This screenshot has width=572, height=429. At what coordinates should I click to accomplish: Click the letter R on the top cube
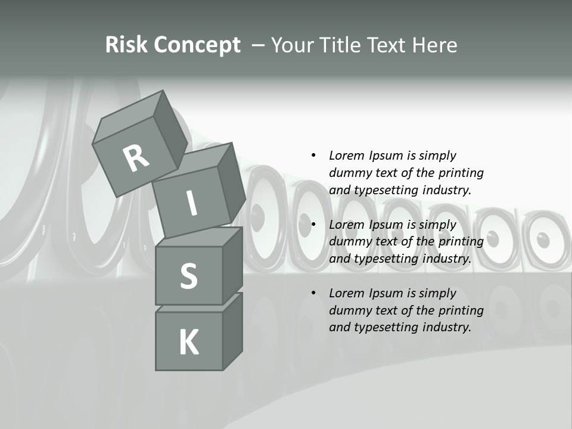click(x=136, y=158)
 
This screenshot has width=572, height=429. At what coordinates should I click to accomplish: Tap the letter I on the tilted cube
click(x=191, y=203)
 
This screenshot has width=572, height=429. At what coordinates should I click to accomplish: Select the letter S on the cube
click(x=188, y=276)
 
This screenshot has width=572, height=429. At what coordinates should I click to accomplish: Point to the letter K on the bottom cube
click(x=188, y=343)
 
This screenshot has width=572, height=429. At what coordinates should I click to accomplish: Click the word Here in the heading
click(x=435, y=45)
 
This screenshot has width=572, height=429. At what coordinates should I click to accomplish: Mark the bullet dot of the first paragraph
click(x=313, y=156)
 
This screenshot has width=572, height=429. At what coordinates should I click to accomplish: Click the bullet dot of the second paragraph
click(x=313, y=224)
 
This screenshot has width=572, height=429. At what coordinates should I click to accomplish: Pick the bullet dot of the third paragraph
click(x=313, y=293)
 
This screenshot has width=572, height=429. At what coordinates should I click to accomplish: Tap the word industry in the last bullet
click(x=446, y=327)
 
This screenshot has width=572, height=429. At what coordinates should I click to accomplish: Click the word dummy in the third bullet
click(x=349, y=310)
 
